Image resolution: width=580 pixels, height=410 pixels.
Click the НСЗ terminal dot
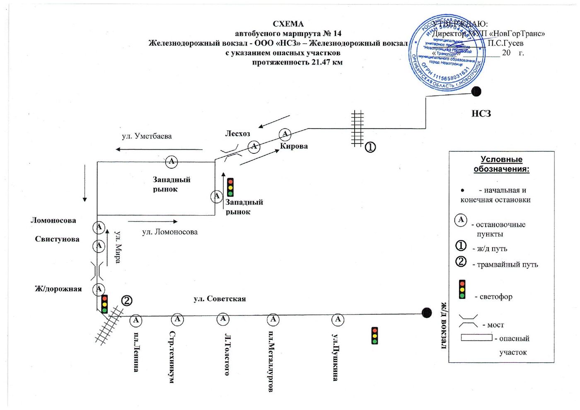pos(476,91)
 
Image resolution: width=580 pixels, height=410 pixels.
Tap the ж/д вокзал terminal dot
pos(427,313)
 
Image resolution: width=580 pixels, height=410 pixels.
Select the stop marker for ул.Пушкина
pos(338,319)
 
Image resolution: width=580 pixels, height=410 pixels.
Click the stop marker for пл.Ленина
pos(136,320)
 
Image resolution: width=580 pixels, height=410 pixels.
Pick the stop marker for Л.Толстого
pos(223,319)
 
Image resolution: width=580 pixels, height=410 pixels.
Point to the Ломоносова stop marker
pos(99,227)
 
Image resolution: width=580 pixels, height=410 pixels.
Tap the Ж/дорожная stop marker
pos(99,289)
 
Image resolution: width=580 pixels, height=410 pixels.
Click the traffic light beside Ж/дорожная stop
pos(104,304)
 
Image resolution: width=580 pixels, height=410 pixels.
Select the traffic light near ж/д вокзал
pos(375,336)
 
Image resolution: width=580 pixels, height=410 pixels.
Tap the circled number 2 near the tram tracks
pos(126,301)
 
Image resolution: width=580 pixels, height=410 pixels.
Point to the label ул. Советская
pos(220,298)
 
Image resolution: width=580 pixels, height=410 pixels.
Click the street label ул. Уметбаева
pos(147,136)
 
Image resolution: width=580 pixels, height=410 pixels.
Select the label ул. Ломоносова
pos(170,232)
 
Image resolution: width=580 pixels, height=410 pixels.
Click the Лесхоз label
pos(237,133)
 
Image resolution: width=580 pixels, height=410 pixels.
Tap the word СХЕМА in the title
pos(288,24)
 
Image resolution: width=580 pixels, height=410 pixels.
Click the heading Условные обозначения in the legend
pos(501,164)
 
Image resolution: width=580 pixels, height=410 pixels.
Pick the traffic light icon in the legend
pos(462,289)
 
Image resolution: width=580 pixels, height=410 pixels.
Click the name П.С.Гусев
pos(505,43)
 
